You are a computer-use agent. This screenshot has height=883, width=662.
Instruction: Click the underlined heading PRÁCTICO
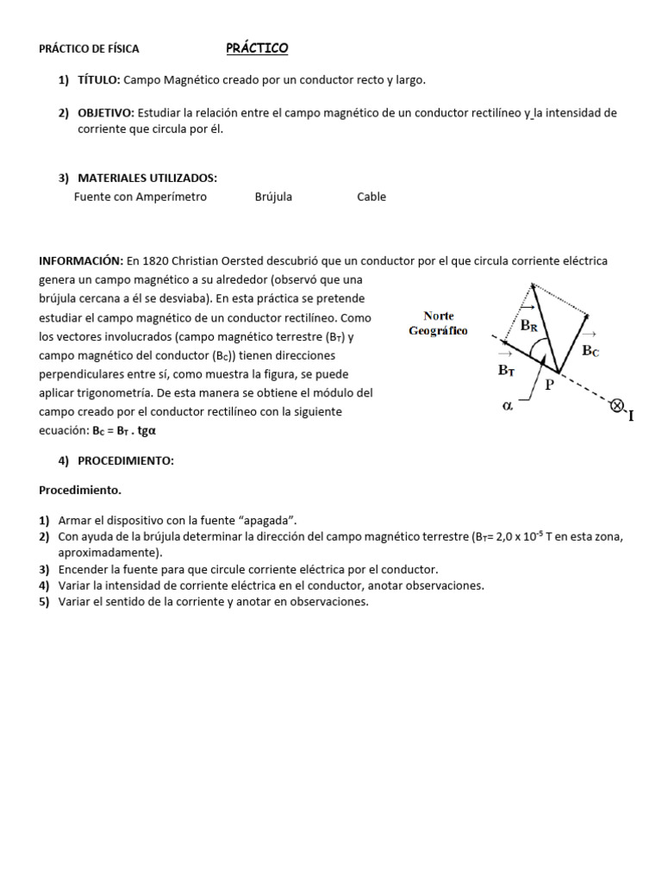tap(257, 48)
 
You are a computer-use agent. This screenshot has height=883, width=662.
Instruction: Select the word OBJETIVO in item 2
tap(105, 113)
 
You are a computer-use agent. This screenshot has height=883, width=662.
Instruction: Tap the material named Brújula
tap(273, 197)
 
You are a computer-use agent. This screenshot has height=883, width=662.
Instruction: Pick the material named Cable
tap(372, 197)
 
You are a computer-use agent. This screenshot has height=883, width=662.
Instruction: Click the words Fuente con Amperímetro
tap(141, 197)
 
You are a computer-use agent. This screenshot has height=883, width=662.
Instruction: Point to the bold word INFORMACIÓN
tap(81, 260)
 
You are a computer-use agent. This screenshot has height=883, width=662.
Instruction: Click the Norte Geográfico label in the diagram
tap(438, 323)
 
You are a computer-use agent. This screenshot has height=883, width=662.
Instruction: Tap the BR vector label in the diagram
tap(528, 325)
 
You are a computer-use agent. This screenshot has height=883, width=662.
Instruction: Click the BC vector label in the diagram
tap(590, 349)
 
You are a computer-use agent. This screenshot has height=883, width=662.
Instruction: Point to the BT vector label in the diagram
tap(506, 369)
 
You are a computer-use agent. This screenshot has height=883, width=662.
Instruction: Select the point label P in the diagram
tap(548, 386)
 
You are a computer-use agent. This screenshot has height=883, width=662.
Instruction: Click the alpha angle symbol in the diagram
tap(508, 404)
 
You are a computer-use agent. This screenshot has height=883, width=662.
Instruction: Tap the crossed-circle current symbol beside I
tap(617, 406)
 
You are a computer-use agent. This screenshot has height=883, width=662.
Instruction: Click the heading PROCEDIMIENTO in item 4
tap(126, 461)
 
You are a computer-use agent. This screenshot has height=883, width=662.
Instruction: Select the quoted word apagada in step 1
tap(268, 520)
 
